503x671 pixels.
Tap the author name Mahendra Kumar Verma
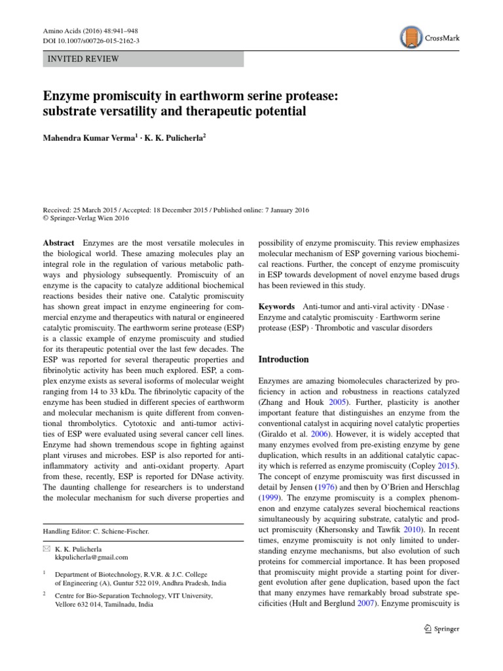click(x=86, y=140)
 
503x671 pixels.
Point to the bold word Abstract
click(x=59, y=243)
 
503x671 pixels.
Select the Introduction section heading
click(x=284, y=359)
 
